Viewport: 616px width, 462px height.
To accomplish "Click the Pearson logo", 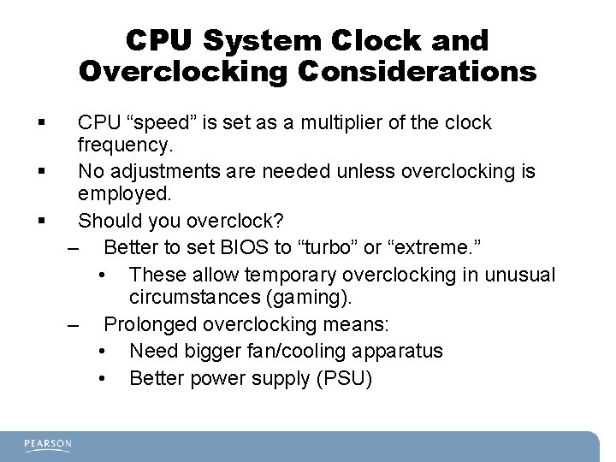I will click(48, 445).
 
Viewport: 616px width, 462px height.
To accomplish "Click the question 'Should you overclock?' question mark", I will click(278, 220).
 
